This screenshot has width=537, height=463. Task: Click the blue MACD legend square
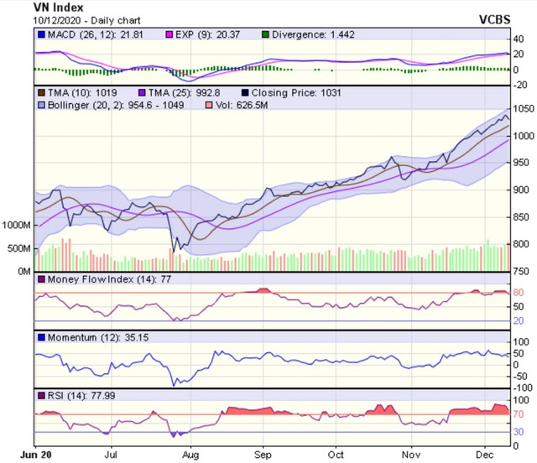click(x=40, y=36)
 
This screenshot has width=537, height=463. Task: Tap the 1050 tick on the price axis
click(x=524, y=109)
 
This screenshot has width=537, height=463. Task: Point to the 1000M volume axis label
click(x=17, y=226)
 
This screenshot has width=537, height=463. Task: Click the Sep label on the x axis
click(x=263, y=455)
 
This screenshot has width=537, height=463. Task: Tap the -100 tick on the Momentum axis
click(x=523, y=388)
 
